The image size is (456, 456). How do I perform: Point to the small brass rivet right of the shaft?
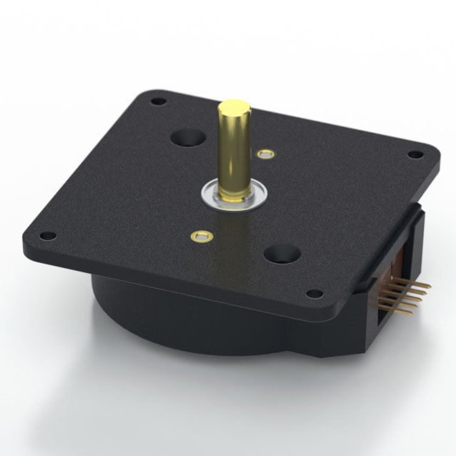click(267, 154)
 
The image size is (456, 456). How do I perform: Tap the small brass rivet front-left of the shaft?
click(199, 235)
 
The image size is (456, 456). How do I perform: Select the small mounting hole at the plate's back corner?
click(158, 101)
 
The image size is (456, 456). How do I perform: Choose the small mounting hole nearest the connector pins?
click(313, 293)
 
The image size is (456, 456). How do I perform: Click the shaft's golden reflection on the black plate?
click(236, 236)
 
